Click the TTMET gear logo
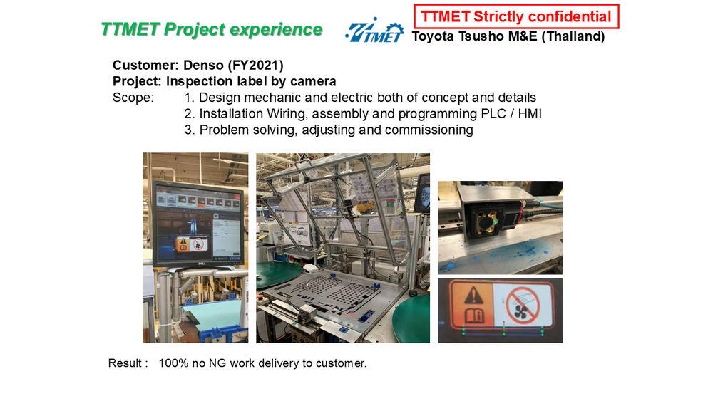(x=374, y=31)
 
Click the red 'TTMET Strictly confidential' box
(x=516, y=16)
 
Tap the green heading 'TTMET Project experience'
(x=212, y=29)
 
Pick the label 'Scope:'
(x=133, y=98)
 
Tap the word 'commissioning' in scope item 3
(x=429, y=130)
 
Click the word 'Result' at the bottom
(x=125, y=363)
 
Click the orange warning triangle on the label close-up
(x=473, y=297)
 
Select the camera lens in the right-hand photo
(x=486, y=222)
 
